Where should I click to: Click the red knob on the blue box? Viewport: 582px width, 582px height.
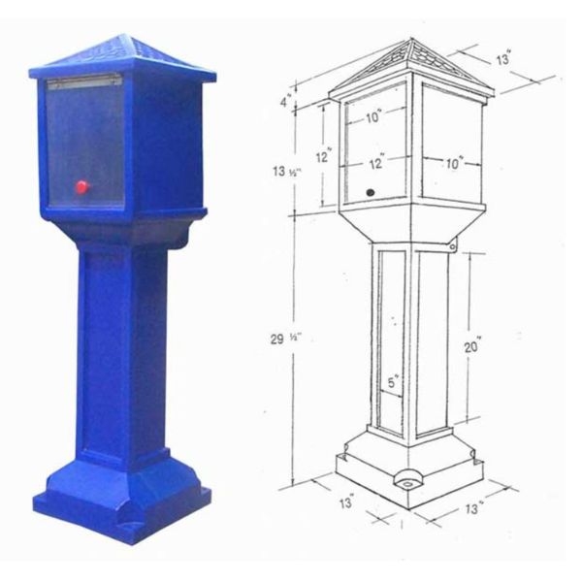(x=82, y=186)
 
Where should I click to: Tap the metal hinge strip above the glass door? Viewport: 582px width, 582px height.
(x=84, y=81)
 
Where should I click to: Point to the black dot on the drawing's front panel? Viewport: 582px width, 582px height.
(x=371, y=193)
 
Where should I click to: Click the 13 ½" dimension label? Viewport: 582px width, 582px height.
(x=287, y=172)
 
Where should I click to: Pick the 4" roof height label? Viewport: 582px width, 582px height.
(x=286, y=101)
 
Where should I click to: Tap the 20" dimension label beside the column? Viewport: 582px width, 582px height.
(x=473, y=346)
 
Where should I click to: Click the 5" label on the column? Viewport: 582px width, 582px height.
(x=393, y=382)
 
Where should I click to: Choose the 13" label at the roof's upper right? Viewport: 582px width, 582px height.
(x=503, y=59)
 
